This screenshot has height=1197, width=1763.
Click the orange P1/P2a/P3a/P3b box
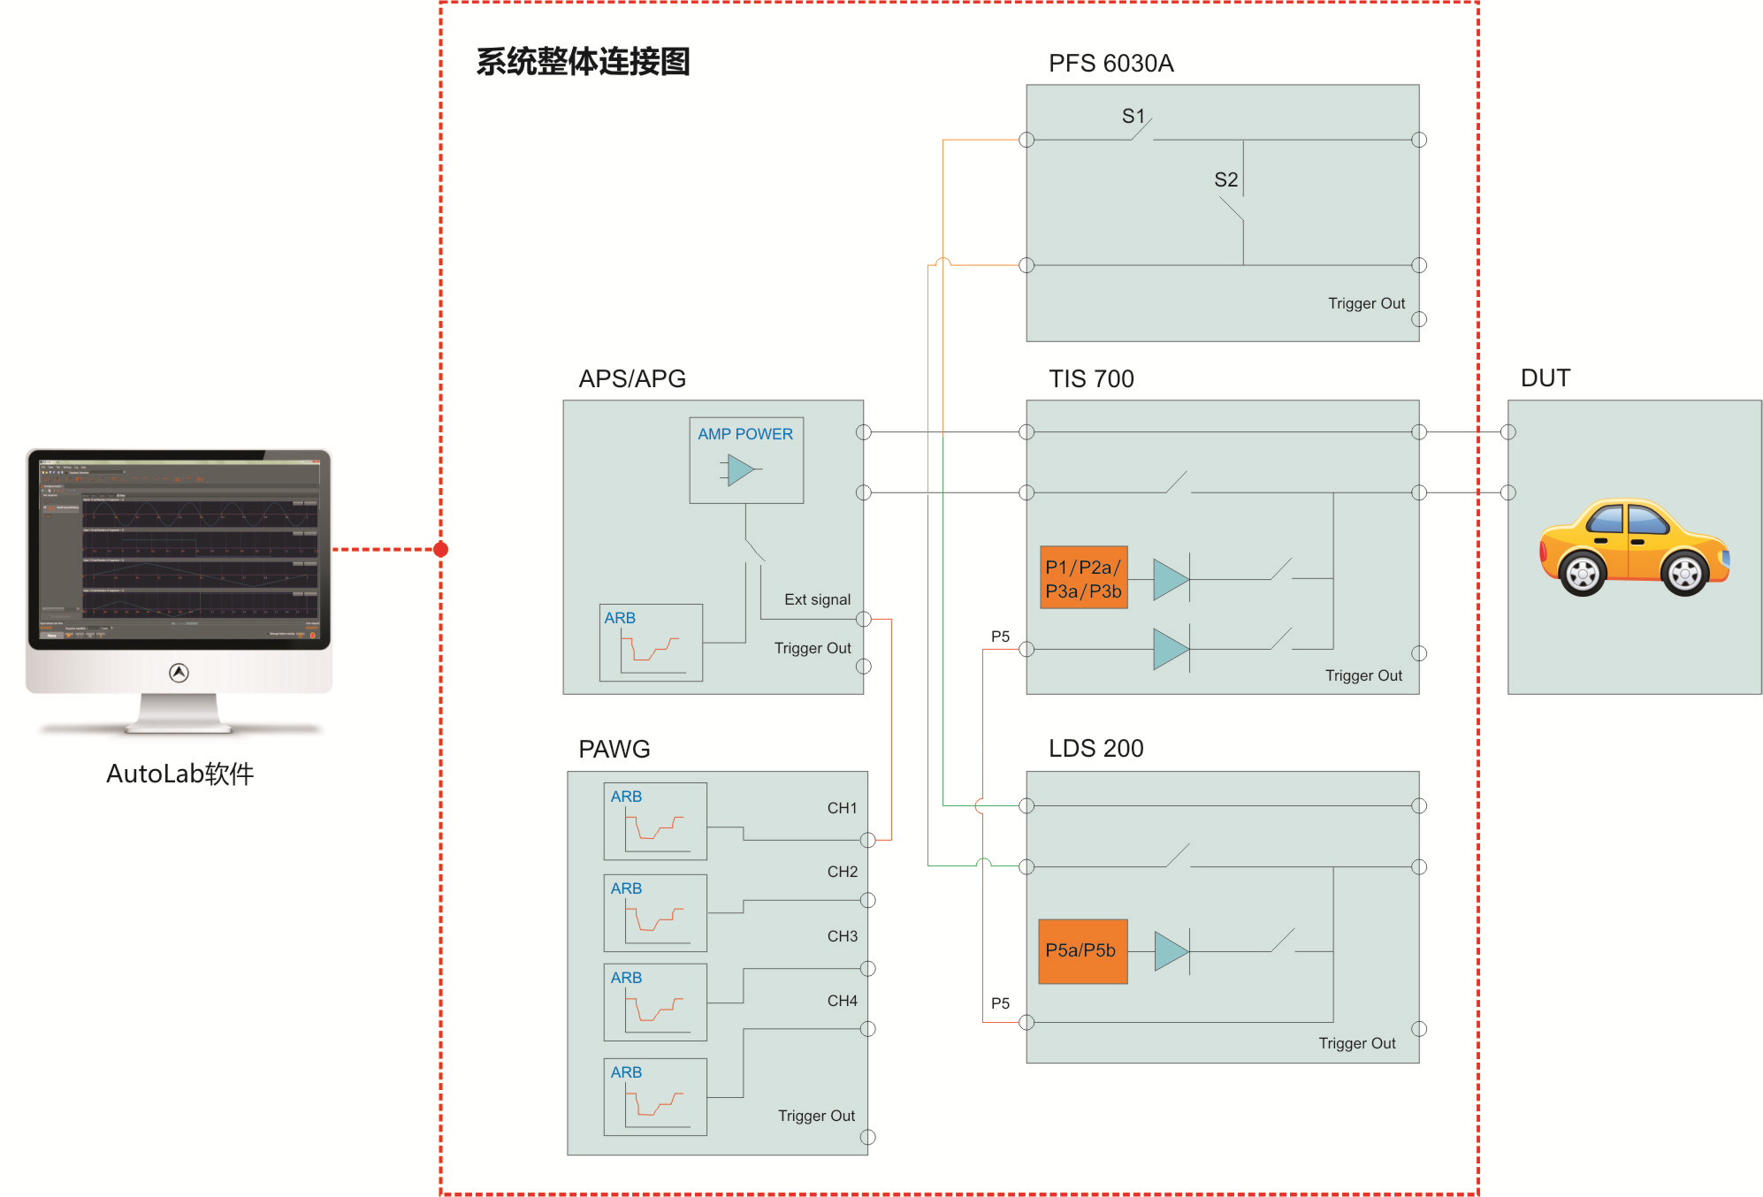point(1083,577)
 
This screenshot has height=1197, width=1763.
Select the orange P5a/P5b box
point(1082,950)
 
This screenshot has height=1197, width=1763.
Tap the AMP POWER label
point(744,434)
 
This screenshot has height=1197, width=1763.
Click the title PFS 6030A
point(1110,64)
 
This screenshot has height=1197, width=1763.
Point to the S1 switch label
point(1133,116)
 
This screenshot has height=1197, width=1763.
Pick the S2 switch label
point(1225,179)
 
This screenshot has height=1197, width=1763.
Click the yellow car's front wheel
point(1684,574)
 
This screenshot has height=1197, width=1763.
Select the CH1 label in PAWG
point(842,808)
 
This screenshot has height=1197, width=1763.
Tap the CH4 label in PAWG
point(842,1001)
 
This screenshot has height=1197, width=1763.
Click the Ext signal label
point(817,599)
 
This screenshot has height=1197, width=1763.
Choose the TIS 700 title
point(1091,379)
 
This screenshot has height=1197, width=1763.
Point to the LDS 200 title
point(1095,749)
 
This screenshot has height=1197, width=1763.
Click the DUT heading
point(1545,378)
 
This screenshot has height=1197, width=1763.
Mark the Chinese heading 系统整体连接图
point(583,62)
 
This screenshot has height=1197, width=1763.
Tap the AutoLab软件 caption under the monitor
point(180,774)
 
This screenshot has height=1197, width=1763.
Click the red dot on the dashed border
point(441,550)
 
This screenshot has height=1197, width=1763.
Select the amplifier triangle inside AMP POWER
point(741,469)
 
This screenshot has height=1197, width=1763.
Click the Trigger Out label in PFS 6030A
point(1366,303)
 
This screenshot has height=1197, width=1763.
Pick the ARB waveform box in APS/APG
point(651,643)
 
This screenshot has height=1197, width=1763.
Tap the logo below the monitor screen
point(179,673)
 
